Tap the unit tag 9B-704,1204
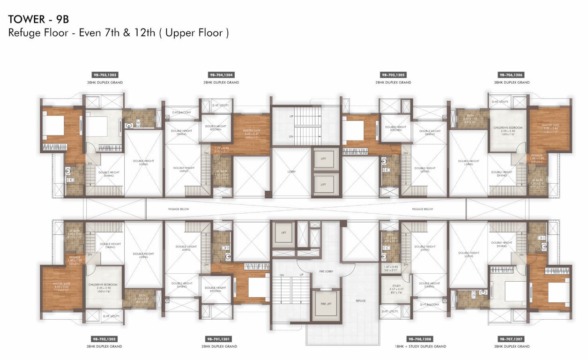pyautogui.click(x=221, y=75)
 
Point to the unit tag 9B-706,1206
pyautogui.click(x=511, y=75)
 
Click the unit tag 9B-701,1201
pyautogui.click(x=221, y=338)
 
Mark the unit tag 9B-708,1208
pyautogui.click(x=420, y=338)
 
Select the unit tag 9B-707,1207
pyautogui.click(x=511, y=338)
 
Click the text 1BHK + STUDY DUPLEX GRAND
pyautogui.click(x=420, y=346)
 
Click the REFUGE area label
pyautogui.click(x=360, y=300)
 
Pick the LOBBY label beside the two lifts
pyautogui.click(x=291, y=172)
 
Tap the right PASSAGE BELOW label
pyautogui.click(x=422, y=209)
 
